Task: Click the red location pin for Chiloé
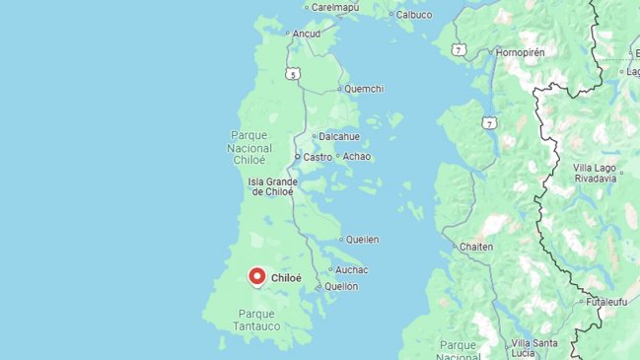(x=257, y=277)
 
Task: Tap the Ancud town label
(x=308, y=33)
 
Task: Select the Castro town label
(x=318, y=157)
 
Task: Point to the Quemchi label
(x=363, y=89)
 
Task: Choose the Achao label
(x=356, y=156)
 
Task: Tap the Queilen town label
(x=362, y=240)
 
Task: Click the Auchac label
(x=351, y=269)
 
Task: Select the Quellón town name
(x=340, y=286)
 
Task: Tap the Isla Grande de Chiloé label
(x=271, y=186)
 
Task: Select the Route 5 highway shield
(x=293, y=74)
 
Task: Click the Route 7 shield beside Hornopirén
(x=459, y=48)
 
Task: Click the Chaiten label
(x=476, y=247)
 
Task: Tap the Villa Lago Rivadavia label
(x=595, y=174)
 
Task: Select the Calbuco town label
(x=414, y=15)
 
